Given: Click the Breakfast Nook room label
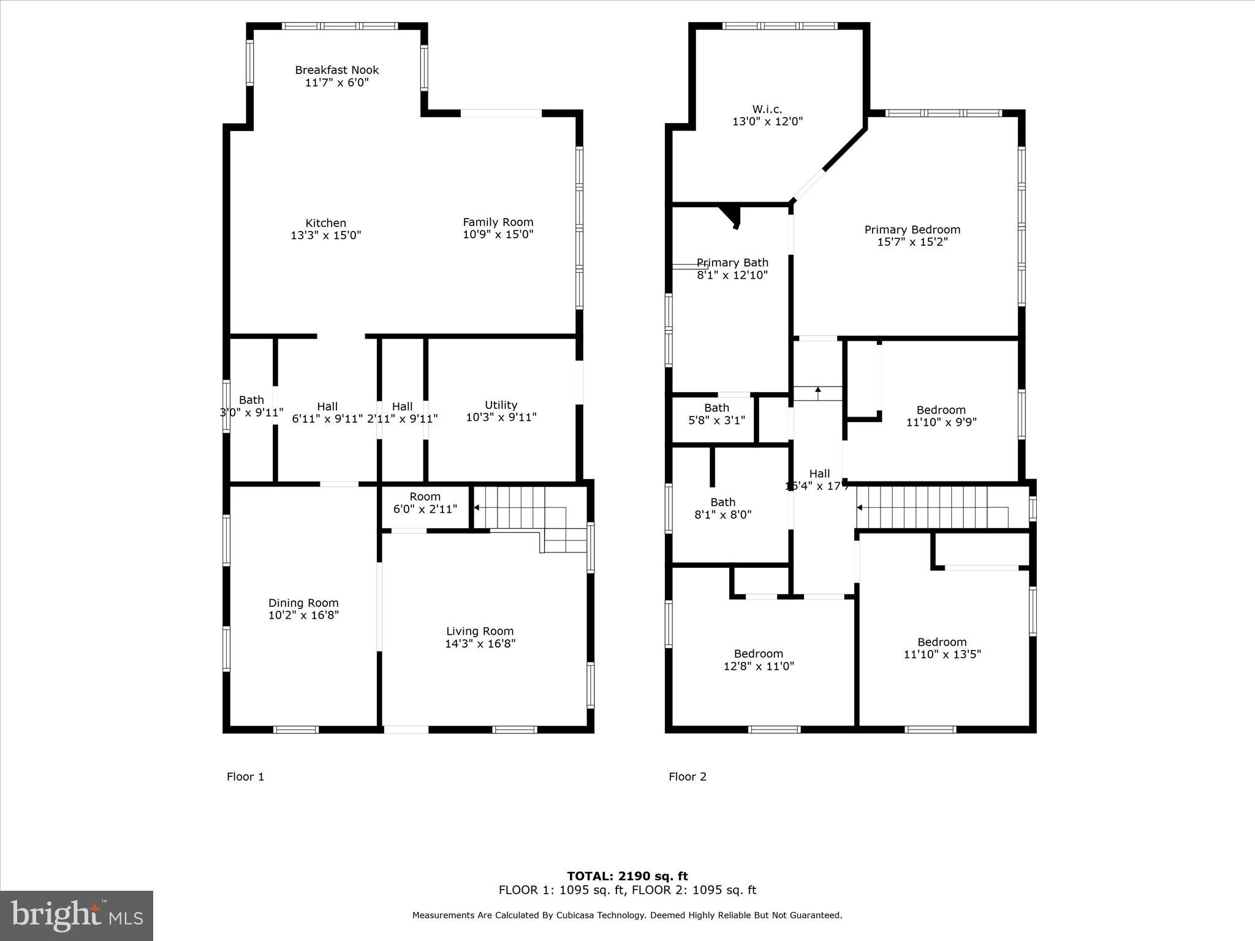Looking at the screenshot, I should click(x=336, y=70).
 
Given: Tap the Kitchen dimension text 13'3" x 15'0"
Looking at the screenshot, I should click(x=326, y=235).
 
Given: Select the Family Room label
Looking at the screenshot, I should click(x=498, y=222).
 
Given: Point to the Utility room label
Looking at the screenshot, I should click(x=501, y=405).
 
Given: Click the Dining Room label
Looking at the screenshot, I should click(x=303, y=603).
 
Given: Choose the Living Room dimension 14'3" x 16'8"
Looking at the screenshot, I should click(x=480, y=644).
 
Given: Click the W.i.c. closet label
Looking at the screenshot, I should click(x=767, y=110).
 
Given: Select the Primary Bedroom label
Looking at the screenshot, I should click(x=912, y=230).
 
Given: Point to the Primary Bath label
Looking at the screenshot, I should click(x=732, y=263).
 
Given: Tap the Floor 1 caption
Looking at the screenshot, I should click(x=245, y=777).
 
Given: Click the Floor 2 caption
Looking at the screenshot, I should click(x=687, y=777).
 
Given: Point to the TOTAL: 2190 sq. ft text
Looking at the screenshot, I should click(x=627, y=876).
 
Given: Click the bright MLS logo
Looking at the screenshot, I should click(x=77, y=915).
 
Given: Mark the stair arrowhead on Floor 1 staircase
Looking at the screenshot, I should click(x=477, y=507).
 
